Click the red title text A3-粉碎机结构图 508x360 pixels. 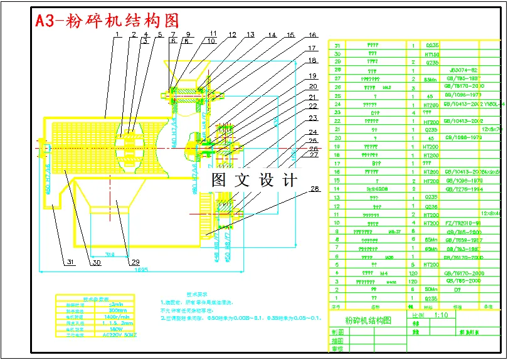pos(107,21)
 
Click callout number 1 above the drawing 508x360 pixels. pos(117,35)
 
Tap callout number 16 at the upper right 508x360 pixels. pos(312,36)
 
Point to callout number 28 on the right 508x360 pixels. pos(315,189)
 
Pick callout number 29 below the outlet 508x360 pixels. pos(134,262)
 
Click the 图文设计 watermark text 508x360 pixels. pos(253,181)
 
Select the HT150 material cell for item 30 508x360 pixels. pos(433,54)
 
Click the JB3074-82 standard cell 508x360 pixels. pos(464,70)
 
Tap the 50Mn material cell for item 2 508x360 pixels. pos(433,289)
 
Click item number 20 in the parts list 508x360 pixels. pos(337,138)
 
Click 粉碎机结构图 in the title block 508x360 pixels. pos(368,320)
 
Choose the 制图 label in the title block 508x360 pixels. pos(337,333)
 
